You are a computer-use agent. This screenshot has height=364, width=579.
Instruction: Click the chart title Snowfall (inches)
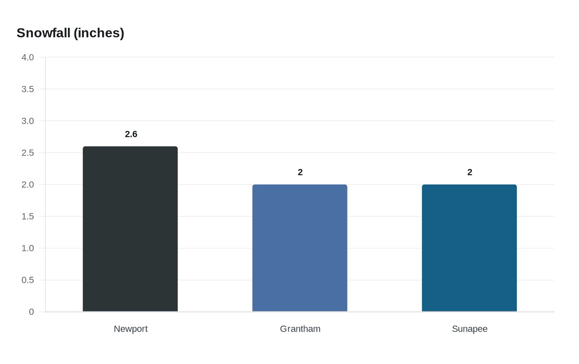click(70, 33)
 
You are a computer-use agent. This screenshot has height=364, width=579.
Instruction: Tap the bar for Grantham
click(300, 248)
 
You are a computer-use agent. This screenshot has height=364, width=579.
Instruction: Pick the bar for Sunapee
click(469, 248)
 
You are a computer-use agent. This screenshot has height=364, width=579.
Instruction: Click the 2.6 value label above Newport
click(131, 134)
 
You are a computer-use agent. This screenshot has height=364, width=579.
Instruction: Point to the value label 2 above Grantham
click(300, 172)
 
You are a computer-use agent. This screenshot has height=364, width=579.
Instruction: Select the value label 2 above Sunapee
click(470, 172)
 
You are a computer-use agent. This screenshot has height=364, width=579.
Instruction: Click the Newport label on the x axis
click(131, 329)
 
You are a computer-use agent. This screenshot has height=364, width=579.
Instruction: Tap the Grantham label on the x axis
click(300, 329)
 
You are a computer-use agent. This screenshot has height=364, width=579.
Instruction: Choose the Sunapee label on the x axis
click(470, 329)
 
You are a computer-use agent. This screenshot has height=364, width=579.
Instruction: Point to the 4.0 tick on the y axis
click(28, 57)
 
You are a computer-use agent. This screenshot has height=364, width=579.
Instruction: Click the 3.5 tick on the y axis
click(28, 89)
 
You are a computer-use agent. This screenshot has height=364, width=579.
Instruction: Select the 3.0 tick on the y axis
click(28, 121)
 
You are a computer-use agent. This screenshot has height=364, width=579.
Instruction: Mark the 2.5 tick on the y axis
click(28, 153)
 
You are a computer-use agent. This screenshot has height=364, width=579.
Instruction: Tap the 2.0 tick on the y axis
click(28, 184)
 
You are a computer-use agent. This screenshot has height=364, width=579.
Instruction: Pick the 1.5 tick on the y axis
click(28, 216)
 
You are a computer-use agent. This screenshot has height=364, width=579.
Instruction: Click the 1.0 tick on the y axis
click(28, 248)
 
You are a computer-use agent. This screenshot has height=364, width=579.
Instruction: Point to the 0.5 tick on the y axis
click(28, 280)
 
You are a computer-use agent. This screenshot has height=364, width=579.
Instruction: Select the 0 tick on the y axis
click(31, 312)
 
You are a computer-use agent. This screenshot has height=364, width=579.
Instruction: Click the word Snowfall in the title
click(43, 33)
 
